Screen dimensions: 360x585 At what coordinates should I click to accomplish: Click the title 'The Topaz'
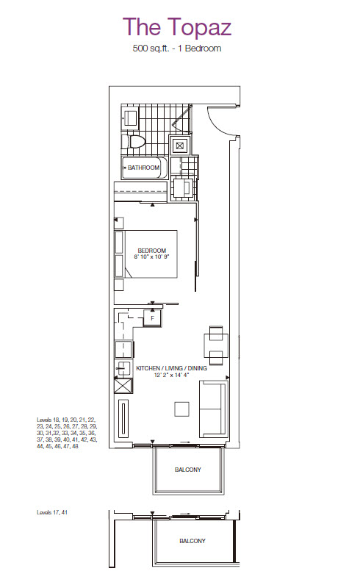[x=177, y=27]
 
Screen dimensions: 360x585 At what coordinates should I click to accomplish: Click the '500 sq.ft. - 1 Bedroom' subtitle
[x=177, y=49]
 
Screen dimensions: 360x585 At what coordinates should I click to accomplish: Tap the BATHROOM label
[x=143, y=168]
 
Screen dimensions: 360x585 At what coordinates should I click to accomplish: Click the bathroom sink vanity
[x=130, y=117]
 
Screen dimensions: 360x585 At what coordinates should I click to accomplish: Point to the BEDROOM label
[x=152, y=251]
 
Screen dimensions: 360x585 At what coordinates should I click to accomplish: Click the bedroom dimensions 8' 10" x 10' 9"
[x=152, y=256]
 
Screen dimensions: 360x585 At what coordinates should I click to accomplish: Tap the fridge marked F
[x=152, y=318]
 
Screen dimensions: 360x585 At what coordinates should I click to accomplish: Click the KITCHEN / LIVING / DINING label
[x=172, y=368]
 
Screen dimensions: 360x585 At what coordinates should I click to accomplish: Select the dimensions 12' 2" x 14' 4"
[x=172, y=375]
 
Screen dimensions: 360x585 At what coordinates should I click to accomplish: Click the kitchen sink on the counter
[x=123, y=369]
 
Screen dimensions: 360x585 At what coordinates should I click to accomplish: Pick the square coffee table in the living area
[x=181, y=409]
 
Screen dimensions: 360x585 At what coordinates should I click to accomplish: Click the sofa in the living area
[x=214, y=409]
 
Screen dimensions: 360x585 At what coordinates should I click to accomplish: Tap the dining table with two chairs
[x=216, y=345]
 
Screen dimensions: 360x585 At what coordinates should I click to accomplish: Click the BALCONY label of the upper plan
[x=187, y=470]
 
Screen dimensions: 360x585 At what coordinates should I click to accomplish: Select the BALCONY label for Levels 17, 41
[x=192, y=541]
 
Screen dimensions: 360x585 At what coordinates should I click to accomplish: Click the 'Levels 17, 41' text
[x=52, y=513]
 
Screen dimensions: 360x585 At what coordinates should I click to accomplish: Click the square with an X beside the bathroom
[x=180, y=146]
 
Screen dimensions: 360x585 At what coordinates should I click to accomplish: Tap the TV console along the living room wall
[x=123, y=419]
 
